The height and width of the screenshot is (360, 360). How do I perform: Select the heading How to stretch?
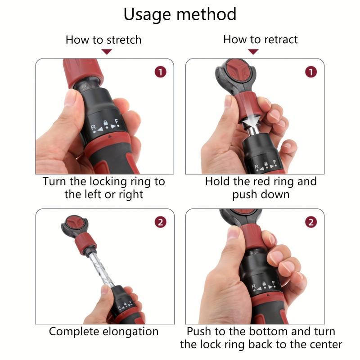[103, 40]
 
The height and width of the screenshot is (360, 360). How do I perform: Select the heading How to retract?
[260, 40]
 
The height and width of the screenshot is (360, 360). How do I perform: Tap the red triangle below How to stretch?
[106, 52]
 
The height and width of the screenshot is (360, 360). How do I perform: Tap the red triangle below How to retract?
[253, 52]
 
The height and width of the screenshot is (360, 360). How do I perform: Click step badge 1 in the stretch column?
[160, 72]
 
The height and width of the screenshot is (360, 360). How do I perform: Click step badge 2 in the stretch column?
[160, 222]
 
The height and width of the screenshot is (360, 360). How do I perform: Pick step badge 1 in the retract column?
[310, 72]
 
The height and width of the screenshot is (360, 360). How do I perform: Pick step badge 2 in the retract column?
[310, 222]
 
